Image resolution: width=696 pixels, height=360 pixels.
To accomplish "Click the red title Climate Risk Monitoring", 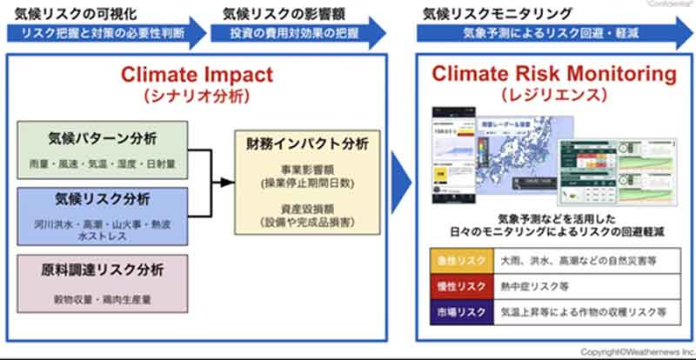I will pos(554,73).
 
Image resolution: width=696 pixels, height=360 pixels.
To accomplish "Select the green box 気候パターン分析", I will pos(102,147).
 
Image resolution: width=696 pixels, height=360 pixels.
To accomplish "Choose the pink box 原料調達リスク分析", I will pos(102,282).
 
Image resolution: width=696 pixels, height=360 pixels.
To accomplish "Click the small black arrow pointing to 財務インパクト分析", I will pos(224,183).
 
